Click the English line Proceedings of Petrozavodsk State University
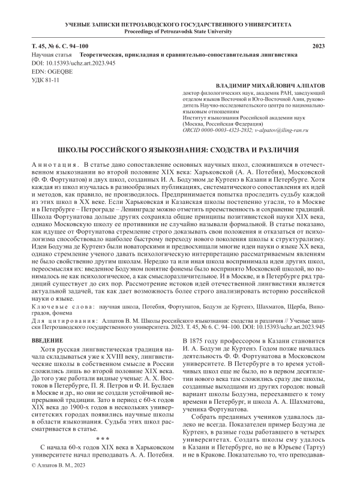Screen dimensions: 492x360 tap(180, 30)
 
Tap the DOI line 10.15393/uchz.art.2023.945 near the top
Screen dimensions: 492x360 tap(65, 62)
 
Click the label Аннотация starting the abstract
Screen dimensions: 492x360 tap(53, 164)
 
